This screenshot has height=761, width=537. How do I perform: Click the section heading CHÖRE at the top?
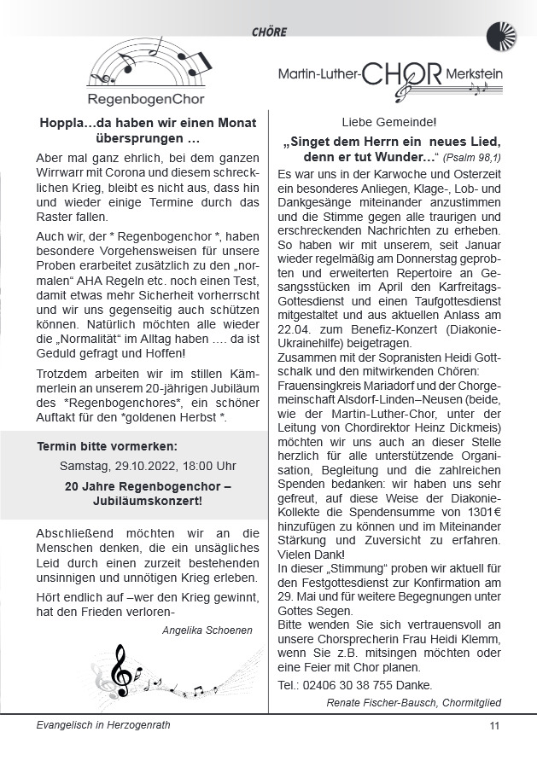(270, 32)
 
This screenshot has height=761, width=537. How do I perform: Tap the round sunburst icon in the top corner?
(502, 38)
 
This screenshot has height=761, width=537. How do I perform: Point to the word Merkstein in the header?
(474, 75)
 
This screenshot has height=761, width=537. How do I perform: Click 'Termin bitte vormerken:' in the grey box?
(108, 446)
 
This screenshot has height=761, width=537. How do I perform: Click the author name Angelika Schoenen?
(206, 630)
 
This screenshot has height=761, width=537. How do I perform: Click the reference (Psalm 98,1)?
(471, 158)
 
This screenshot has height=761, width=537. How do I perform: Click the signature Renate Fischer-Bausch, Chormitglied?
(413, 702)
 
